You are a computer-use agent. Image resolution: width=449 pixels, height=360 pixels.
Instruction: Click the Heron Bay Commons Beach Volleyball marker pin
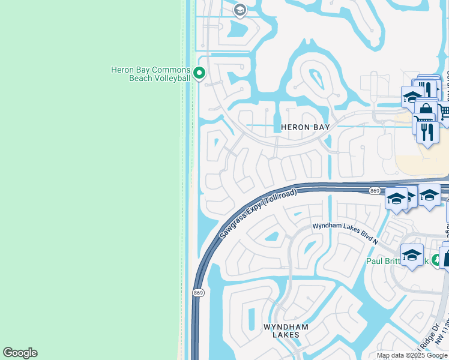[x=200, y=74]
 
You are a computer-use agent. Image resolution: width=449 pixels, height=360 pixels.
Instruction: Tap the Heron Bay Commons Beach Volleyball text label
[x=151, y=74]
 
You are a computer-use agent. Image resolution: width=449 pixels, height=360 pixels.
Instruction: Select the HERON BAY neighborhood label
[x=306, y=127]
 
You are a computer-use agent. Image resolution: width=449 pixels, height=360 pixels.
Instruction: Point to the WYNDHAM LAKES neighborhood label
[x=286, y=331]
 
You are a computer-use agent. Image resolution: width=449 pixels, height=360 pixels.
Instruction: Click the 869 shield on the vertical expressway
[x=197, y=292]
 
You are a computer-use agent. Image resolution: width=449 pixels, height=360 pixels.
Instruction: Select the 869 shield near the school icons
[x=375, y=191]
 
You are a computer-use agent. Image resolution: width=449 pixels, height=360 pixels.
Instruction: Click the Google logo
[x=20, y=353]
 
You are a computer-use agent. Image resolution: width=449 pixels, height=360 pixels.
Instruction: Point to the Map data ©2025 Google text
[x=412, y=355]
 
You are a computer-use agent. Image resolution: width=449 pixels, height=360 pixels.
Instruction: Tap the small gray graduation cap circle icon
[x=240, y=10]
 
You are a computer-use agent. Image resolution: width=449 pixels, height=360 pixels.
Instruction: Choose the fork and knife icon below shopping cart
[x=427, y=132]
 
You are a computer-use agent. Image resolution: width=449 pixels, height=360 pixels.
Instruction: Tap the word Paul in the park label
[x=375, y=261]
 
